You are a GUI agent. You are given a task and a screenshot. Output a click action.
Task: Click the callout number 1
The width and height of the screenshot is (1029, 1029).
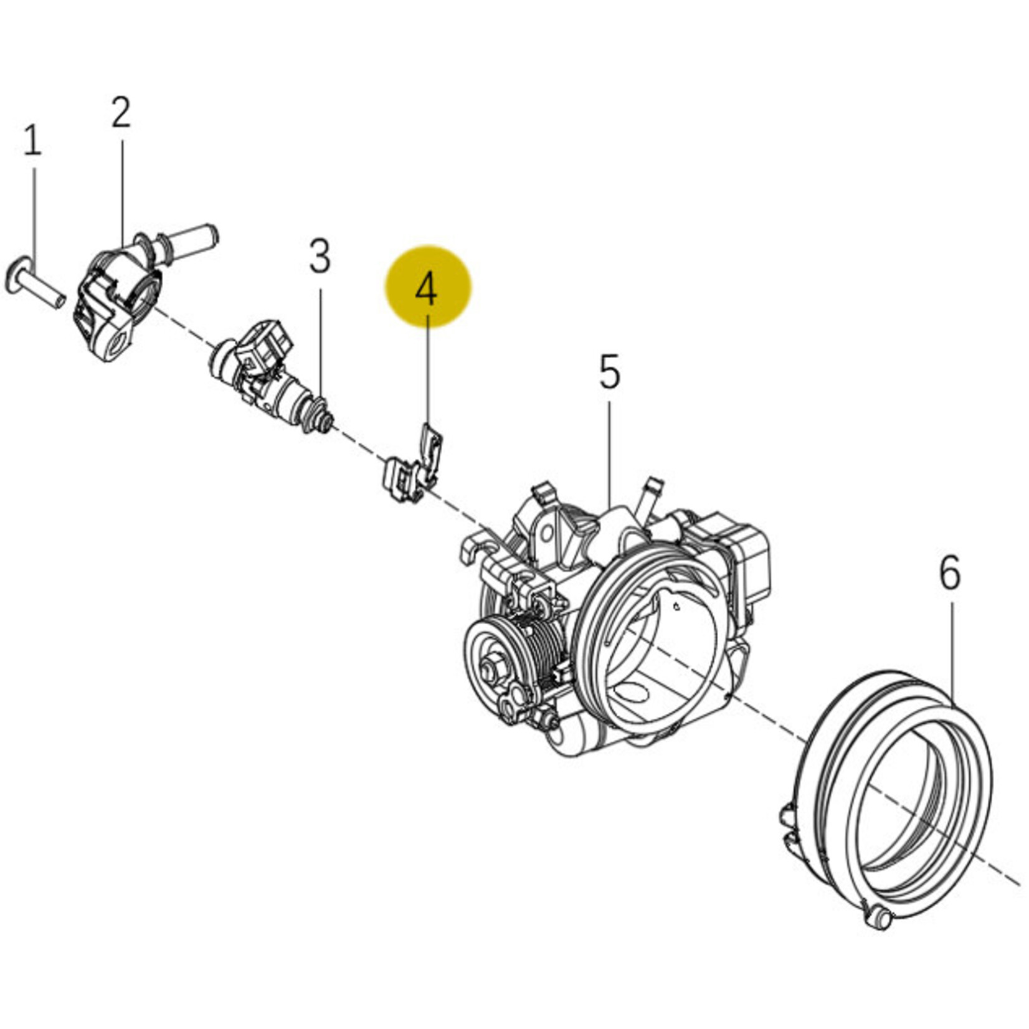pos(32,141)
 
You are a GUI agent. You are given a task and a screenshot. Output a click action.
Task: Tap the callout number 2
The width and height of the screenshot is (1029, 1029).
pos(121,112)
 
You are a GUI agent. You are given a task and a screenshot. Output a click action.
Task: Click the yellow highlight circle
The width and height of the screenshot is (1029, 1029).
pos(427,287)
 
